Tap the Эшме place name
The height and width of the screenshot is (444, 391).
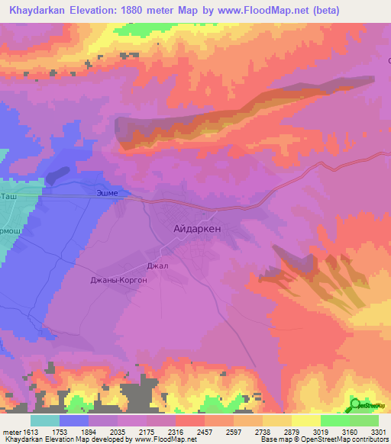tap(106, 193)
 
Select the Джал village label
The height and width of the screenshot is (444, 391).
tap(156, 266)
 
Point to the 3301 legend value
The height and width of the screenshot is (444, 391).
tap(377, 432)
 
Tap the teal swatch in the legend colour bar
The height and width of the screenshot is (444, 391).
tap(45, 420)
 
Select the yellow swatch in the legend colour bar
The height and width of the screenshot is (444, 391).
tap(305, 420)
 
